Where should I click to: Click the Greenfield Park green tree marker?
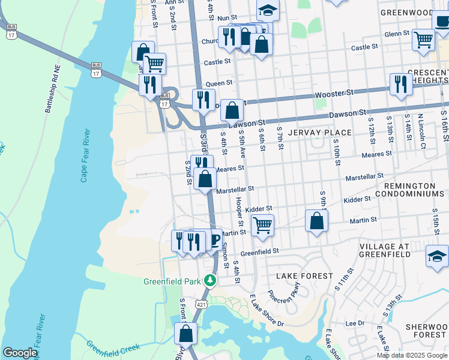pos(209,280)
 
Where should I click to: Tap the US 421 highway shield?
pos(197,305)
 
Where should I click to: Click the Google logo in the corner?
pos(19,353)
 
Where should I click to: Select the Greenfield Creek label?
pos(113,348)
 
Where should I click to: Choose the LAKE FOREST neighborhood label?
pos(304,275)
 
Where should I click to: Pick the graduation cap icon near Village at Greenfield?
pos(437,256)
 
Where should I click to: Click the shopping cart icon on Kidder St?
pos(262,226)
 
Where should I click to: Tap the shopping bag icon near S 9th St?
pos(316,220)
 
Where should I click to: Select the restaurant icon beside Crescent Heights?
pos(399,85)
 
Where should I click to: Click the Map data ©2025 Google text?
pos(412,355)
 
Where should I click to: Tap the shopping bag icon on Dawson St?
pos(232,111)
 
